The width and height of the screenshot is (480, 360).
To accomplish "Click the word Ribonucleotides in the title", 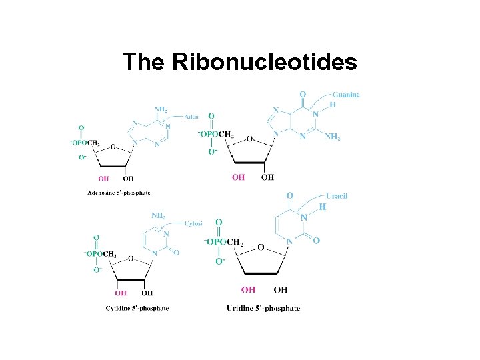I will [265, 62].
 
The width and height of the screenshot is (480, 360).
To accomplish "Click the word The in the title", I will [144, 62].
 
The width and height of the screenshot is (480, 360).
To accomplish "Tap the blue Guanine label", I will [346, 95].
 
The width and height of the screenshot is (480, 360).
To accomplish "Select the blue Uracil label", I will [337, 196].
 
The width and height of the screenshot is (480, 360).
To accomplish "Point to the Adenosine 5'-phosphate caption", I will [119, 193].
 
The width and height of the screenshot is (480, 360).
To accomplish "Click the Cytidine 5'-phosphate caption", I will [137, 308].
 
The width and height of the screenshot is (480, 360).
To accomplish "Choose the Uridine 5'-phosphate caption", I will [263, 308].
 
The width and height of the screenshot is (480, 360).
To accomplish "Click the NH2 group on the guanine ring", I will [333, 137].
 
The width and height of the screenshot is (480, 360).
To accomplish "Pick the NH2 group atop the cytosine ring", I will [159, 216].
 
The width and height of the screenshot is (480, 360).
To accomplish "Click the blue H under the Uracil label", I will [323, 207].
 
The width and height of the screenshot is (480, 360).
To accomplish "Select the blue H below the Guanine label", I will [333, 105].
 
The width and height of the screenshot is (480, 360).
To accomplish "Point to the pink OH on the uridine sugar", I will [248, 289].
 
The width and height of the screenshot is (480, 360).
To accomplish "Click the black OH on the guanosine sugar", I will [267, 177].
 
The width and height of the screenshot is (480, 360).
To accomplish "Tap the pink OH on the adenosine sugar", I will [104, 178].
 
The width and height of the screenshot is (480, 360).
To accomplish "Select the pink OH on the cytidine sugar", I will [121, 292].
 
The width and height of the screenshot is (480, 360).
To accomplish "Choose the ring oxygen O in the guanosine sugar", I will [249, 139].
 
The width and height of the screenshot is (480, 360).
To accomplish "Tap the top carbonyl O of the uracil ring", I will [290, 195].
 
